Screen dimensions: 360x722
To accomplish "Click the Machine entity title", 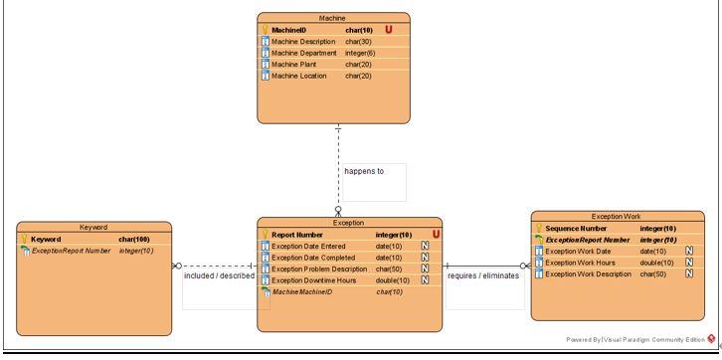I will (331, 18).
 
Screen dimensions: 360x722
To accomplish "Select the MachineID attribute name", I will (289, 30).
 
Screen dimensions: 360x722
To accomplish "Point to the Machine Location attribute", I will (300, 76).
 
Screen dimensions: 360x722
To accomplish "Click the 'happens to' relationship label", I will (363, 171).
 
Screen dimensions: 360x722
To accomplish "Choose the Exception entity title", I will (348, 223).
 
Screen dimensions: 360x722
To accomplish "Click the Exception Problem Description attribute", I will (319, 269).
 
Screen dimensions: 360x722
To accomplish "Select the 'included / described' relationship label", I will (219, 275).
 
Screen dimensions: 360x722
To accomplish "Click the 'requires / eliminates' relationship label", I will (483, 275).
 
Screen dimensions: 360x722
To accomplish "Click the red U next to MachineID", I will (389, 30).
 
